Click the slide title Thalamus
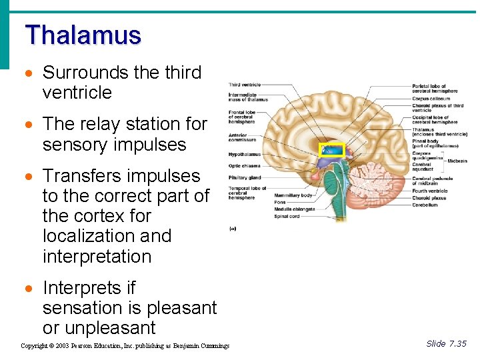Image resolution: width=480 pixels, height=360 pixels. (x=83, y=35)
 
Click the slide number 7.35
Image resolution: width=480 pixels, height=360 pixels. (x=446, y=343)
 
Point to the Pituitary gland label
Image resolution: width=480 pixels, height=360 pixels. (x=243, y=178)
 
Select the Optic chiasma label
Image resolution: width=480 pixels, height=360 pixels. (x=243, y=165)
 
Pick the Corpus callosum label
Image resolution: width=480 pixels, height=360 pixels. (x=431, y=99)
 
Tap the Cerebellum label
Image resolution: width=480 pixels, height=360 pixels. (x=425, y=205)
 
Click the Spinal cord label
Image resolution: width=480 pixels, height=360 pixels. (x=287, y=216)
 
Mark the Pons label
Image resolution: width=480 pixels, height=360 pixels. (x=279, y=203)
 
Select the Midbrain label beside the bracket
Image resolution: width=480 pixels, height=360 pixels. (x=457, y=161)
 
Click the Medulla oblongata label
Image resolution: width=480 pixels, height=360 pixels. (x=293, y=209)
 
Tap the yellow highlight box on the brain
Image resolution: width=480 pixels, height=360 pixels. (x=331, y=150)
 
